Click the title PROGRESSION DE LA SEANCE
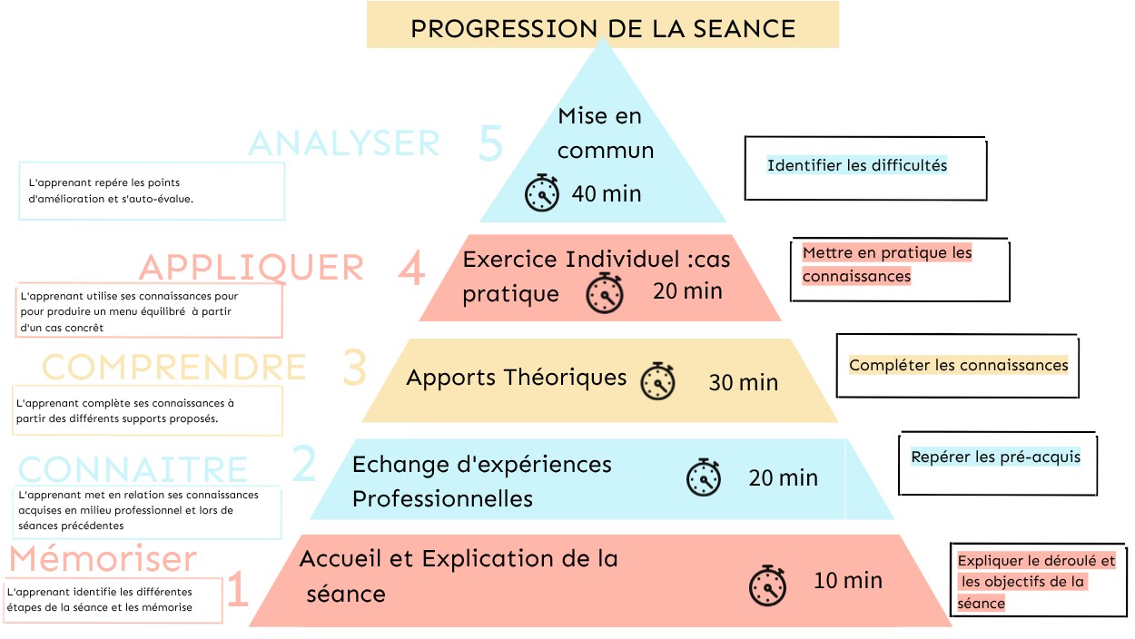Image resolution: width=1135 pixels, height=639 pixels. click(x=603, y=28)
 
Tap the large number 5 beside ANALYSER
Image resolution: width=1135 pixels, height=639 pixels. click(x=490, y=143)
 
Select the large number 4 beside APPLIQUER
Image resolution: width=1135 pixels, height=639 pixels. click(x=411, y=268)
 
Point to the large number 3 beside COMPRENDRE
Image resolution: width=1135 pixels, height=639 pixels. click(x=354, y=368)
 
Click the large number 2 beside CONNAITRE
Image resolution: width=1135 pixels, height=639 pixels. click(x=304, y=463)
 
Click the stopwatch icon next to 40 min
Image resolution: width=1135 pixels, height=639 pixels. click(x=542, y=192)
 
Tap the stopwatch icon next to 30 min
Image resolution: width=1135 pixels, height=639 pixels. click(x=657, y=380)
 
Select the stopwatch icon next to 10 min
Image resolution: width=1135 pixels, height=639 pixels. click(x=767, y=585)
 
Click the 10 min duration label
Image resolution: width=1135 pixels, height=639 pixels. click(x=848, y=581)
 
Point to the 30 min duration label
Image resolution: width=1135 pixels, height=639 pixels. click(x=744, y=383)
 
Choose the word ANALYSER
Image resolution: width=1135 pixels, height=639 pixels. click(x=344, y=143)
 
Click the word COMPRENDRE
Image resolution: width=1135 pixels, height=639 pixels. click(x=173, y=367)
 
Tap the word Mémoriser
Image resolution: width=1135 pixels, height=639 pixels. click(x=103, y=559)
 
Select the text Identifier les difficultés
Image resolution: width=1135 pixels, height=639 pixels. click(x=857, y=165)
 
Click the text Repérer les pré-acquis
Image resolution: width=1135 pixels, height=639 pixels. click(x=996, y=457)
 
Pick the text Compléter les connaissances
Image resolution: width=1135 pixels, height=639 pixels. click(x=959, y=365)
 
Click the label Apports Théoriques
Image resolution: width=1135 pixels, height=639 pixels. click(x=517, y=378)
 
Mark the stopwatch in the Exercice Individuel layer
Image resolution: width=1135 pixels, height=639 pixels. click(x=605, y=293)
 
